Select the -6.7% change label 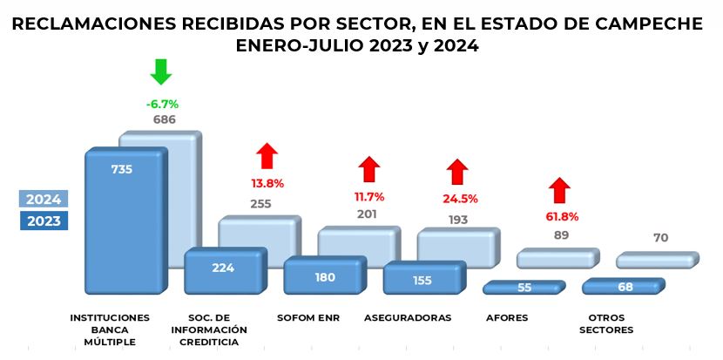[x=162, y=104]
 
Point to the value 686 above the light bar [x=163, y=119]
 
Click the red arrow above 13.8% [x=267, y=156]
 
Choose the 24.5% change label [x=459, y=199]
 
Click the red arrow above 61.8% [x=559, y=189]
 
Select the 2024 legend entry [x=44, y=199]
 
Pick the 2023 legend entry [x=44, y=221]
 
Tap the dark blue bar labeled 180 [x=323, y=276]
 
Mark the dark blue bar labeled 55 [x=524, y=287]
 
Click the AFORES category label [x=506, y=318]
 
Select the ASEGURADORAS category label [x=408, y=318]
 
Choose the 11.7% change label [x=368, y=197]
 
